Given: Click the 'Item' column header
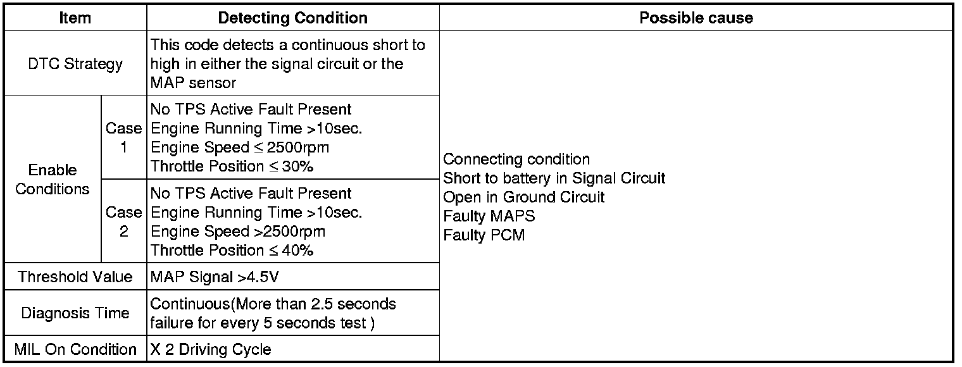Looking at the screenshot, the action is tap(75, 18).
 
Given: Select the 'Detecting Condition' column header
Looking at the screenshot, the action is tap(292, 18).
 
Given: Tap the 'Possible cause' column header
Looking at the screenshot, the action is tap(696, 18).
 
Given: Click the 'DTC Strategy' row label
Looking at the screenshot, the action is tap(75, 64).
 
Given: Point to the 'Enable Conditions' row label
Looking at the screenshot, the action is tap(53, 180).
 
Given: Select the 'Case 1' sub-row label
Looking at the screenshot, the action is tap(123, 137).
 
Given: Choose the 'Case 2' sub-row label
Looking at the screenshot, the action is tap(123, 221).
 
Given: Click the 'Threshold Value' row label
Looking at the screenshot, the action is tap(75, 277).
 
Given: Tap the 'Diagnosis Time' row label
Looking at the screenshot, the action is tap(75, 313).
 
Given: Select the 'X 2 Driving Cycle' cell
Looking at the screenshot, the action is tap(211, 349).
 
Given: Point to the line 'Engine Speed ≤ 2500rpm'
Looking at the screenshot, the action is tap(240, 147).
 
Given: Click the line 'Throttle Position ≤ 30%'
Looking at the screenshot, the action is tap(232, 166).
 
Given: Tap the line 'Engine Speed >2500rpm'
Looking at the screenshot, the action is tap(238, 232).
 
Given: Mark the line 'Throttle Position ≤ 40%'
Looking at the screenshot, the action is tap(232, 251).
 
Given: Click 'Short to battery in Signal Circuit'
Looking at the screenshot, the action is tap(554, 178).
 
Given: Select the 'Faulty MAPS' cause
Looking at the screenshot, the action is tap(489, 216).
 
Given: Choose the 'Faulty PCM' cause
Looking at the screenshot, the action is tap(484, 235).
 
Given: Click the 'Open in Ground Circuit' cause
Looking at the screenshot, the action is tap(523, 197).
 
